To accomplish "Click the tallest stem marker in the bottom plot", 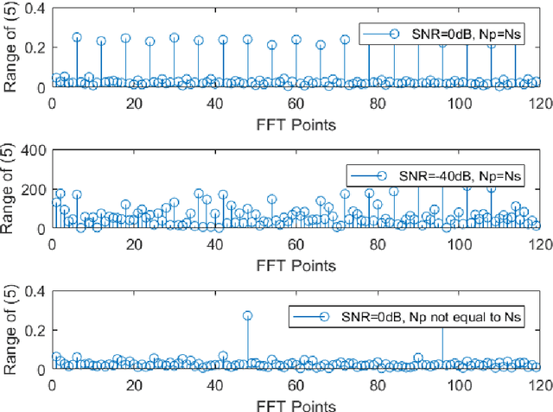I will [247, 316].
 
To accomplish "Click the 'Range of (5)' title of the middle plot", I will [11, 189].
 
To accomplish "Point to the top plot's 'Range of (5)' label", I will [11, 48].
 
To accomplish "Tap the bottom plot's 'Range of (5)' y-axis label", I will [11, 330].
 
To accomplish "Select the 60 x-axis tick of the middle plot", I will [295, 244].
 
